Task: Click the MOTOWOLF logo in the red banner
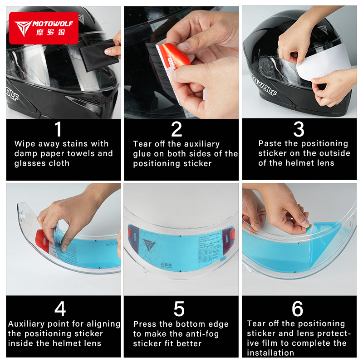(x=44, y=27)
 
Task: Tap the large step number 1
(x=58, y=129)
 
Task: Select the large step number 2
(x=177, y=129)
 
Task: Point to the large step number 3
(x=299, y=129)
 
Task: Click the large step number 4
(x=60, y=309)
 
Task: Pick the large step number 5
(x=179, y=309)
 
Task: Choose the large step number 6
(x=298, y=309)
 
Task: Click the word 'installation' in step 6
(x=270, y=353)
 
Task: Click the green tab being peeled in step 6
(x=307, y=223)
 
